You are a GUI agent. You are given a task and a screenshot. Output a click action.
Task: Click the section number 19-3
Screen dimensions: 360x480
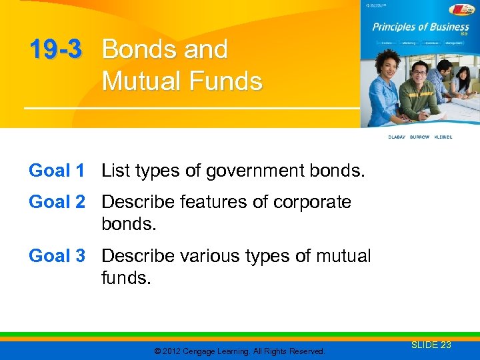[x=55, y=50]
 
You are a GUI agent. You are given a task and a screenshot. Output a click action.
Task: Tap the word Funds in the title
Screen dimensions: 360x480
[x=227, y=81]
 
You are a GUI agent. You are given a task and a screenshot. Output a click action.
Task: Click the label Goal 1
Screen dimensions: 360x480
[x=57, y=171]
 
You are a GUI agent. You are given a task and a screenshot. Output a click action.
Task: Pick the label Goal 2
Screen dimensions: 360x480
[x=57, y=202]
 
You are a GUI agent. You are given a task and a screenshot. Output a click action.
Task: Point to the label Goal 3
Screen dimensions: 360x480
[x=57, y=256]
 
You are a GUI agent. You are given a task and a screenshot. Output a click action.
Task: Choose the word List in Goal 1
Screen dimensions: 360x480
[x=116, y=171]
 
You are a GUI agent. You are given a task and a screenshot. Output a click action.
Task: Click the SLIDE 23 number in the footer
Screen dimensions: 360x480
[x=431, y=345]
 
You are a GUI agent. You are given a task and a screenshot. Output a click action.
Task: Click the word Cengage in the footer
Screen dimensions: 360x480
[x=204, y=351]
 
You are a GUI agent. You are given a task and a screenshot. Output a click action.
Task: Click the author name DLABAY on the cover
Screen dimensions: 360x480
[x=398, y=137]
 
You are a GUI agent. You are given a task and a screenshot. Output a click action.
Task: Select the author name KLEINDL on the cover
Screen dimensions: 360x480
[x=443, y=137]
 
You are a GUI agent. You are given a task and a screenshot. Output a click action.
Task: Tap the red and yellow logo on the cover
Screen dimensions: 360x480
[x=462, y=9]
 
